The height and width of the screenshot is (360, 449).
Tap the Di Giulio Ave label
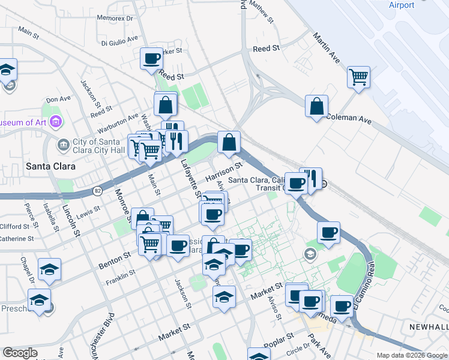120,43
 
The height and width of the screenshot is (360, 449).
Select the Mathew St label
261,11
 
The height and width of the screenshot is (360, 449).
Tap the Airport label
402,5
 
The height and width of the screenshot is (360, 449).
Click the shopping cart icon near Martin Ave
358,76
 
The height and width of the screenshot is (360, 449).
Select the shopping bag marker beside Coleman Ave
316,106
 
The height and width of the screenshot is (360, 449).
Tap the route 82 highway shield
97,190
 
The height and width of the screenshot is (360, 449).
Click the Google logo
20,353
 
